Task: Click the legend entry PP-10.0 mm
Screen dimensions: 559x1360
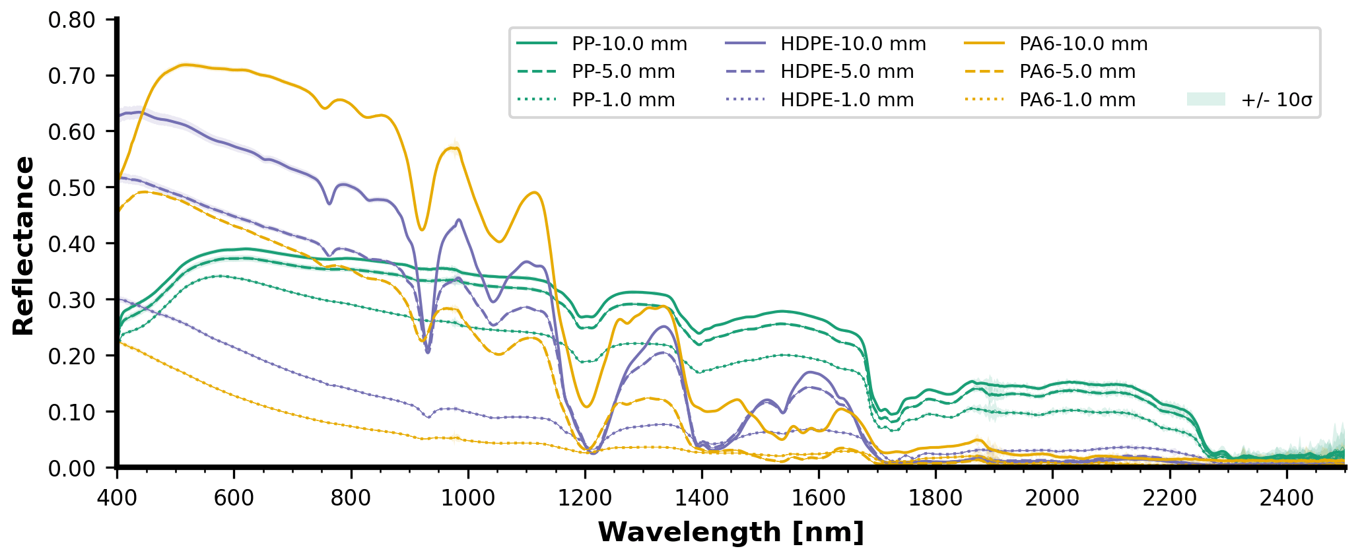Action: [629, 44]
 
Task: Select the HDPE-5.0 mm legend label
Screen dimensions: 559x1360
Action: [847, 72]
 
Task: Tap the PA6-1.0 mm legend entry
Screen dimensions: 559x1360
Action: [1077, 100]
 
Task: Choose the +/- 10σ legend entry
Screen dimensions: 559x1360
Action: [1276, 100]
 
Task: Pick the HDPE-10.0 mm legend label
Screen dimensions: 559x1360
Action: [853, 44]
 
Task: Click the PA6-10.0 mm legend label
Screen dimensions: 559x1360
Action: [1083, 44]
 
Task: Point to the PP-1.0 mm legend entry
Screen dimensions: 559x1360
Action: [623, 100]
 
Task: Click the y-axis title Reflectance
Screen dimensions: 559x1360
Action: [24, 246]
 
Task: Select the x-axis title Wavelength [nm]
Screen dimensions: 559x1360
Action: [731, 532]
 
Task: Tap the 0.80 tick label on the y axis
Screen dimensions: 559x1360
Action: [72, 20]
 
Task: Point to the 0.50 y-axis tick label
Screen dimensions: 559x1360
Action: [72, 188]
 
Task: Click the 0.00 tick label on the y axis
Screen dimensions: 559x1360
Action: [72, 468]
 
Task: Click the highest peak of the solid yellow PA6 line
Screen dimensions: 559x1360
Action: [186, 64]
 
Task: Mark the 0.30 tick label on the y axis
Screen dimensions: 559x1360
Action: [72, 300]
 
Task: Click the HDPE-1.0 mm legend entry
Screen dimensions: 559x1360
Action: [847, 100]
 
